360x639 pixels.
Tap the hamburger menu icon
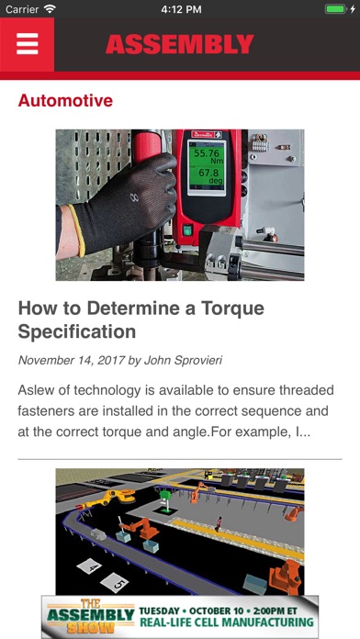pyautogui.click(x=28, y=43)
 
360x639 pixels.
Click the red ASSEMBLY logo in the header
pyautogui.click(x=180, y=44)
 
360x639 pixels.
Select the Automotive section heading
pyautogui.click(x=65, y=100)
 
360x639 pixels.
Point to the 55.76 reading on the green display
pyautogui.click(x=207, y=153)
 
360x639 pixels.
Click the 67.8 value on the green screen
pyautogui.click(x=207, y=173)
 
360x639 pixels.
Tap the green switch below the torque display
pyautogui.click(x=187, y=230)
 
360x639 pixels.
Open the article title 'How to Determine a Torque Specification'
pyautogui.click(x=141, y=319)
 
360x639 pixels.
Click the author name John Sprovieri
pyautogui.click(x=184, y=360)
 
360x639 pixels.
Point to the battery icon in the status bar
pyautogui.click(x=335, y=9)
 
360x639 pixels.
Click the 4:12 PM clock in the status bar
pyautogui.click(x=181, y=9)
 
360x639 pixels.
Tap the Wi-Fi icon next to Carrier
pyautogui.click(x=51, y=9)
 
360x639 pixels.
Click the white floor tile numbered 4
pyautogui.click(x=89, y=566)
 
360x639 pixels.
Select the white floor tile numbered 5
pyautogui.click(x=115, y=583)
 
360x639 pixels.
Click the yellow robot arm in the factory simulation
pyautogui.click(x=113, y=499)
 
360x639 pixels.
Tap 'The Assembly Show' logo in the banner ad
pyautogui.click(x=91, y=617)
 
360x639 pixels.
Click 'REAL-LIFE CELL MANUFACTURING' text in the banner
pyautogui.click(x=227, y=622)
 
